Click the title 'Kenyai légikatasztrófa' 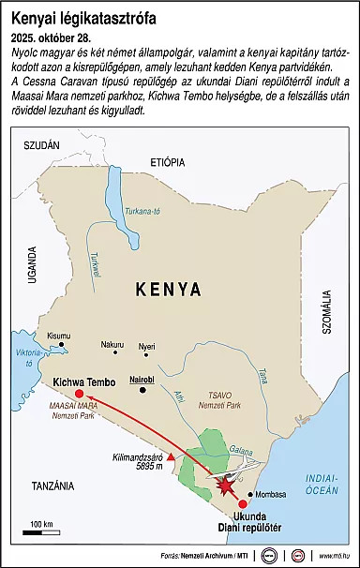(x=84, y=18)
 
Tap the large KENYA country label (x=168, y=289)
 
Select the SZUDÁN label (x=40, y=145)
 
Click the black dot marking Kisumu (x=63, y=345)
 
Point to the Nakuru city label (x=112, y=344)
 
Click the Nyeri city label (x=146, y=346)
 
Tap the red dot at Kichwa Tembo (x=79, y=394)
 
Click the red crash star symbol (x=225, y=486)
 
